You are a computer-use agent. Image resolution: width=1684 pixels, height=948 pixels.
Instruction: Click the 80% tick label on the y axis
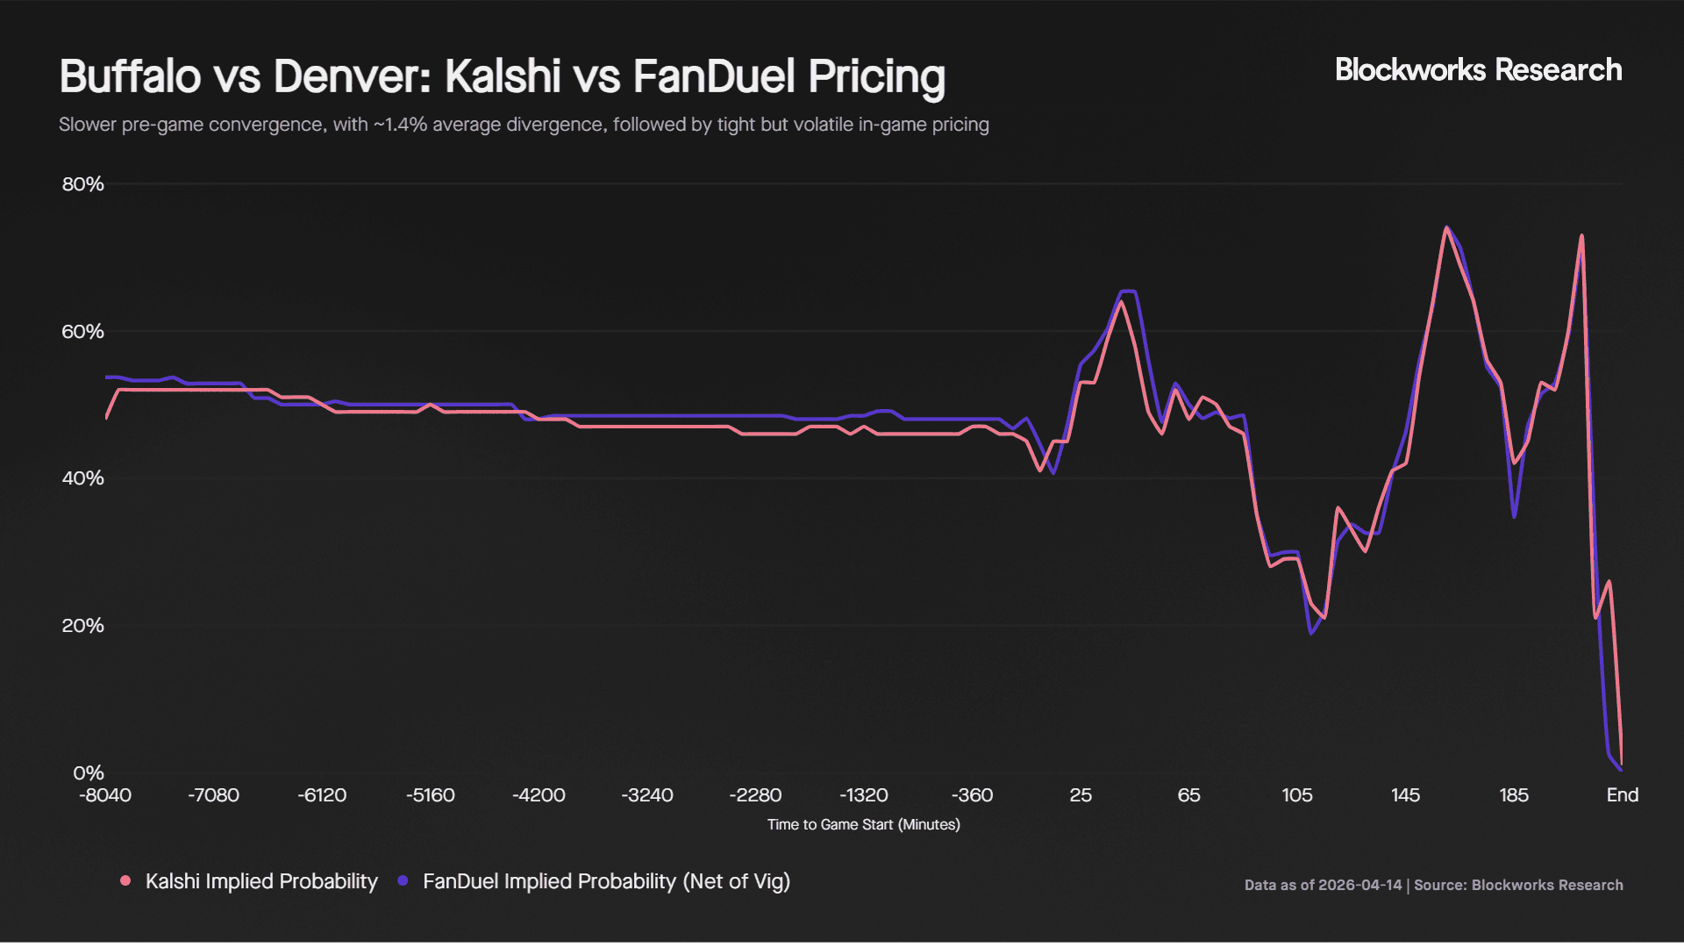(x=82, y=184)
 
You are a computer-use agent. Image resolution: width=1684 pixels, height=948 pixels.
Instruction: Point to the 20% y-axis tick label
(x=82, y=626)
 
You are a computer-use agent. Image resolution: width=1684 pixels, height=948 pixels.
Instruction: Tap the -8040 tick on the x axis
(x=105, y=795)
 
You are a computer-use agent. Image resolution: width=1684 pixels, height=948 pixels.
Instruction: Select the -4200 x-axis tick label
(x=539, y=795)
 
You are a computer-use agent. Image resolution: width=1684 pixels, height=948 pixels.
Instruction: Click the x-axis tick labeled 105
(x=1297, y=795)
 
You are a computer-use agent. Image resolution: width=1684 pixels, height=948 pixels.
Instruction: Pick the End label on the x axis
(x=1622, y=795)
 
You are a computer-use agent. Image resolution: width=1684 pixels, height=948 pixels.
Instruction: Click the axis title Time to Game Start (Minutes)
(x=863, y=825)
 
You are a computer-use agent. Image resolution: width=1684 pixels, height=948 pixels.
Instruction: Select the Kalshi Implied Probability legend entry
(x=261, y=881)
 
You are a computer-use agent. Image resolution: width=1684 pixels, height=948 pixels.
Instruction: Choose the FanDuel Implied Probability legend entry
(x=606, y=881)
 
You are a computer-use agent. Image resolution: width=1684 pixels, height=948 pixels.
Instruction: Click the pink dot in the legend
(x=126, y=880)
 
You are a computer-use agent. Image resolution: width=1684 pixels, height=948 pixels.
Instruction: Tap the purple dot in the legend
(x=403, y=880)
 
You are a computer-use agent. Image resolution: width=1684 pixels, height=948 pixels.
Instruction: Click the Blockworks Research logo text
(x=1478, y=70)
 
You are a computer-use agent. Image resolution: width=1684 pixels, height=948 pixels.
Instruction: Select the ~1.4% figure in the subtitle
(x=401, y=125)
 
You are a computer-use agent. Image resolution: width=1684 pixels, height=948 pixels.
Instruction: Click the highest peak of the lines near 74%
(x=1446, y=228)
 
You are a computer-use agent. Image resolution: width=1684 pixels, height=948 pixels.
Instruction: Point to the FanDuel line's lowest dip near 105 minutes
(x=1312, y=633)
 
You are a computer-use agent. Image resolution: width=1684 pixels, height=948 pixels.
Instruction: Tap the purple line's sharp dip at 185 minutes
(x=1514, y=516)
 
